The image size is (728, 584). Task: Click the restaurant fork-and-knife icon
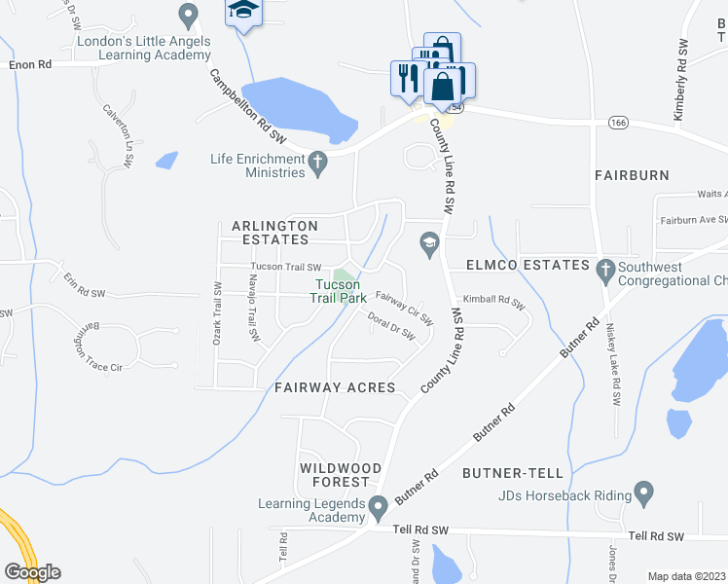(x=405, y=76)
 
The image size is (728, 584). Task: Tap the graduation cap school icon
(x=243, y=12)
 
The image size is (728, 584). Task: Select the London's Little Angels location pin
(x=189, y=15)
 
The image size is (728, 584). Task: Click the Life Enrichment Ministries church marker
(x=316, y=161)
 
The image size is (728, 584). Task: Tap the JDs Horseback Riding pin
(x=642, y=493)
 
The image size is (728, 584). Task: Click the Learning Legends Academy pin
(x=379, y=503)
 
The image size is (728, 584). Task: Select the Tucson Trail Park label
(x=338, y=291)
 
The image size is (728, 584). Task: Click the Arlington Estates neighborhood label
(x=274, y=233)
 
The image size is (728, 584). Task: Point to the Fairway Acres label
(x=335, y=387)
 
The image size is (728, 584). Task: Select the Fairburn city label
(x=633, y=175)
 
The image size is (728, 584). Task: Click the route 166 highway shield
(x=616, y=123)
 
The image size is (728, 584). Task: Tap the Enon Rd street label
(x=29, y=64)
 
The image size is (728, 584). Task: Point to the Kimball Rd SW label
(x=494, y=302)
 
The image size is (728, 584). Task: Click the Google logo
(x=32, y=572)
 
